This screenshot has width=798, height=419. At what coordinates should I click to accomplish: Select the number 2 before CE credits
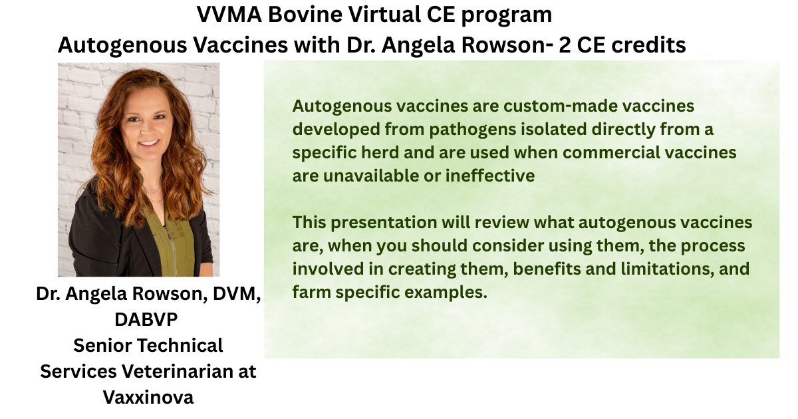click(x=565, y=45)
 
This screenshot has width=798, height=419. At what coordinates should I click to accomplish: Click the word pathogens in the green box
click(x=472, y=129)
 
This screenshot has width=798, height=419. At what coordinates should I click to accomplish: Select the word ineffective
click(x=490, y=176)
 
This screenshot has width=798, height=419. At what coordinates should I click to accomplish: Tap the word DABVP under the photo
click(x=146, y=319)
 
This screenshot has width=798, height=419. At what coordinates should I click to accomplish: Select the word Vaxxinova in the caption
click(x=148, y=397)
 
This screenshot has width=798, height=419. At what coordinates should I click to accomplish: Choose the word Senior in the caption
click(x=102, y=346)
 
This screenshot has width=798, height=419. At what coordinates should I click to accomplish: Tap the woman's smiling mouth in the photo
click(x=149, y=144)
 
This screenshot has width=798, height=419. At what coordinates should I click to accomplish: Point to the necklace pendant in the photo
click(x=159, y=203)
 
